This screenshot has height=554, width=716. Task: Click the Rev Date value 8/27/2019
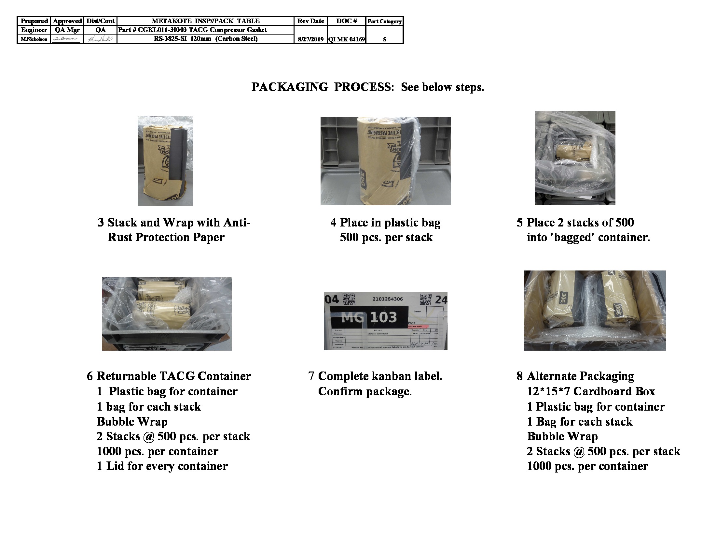(310, 39)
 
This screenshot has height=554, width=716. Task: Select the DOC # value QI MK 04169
(347, 39)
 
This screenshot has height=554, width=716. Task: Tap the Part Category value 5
(384, 39)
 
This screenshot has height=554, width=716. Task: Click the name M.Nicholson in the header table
(34, 39)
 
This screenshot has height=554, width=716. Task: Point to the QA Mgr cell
(67, 30)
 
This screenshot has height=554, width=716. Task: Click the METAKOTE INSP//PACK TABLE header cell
(206, 21)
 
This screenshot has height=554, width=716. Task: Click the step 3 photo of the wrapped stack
(165, 161)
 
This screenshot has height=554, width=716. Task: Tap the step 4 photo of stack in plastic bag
(386, 161)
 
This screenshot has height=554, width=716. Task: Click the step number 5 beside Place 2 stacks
(520, 223)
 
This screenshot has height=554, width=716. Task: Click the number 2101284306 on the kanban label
(388, 299)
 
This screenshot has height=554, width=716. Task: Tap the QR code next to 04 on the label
(349, 299)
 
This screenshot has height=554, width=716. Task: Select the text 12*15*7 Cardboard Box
(591, 391)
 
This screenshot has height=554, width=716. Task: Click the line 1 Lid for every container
(162, 466)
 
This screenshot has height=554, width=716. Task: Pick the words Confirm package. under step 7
(365, 391)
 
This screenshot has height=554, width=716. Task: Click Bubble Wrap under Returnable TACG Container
(132, 421)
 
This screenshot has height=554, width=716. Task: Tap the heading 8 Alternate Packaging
(575, 376)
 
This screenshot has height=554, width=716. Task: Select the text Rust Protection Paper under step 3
(166, 237)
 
